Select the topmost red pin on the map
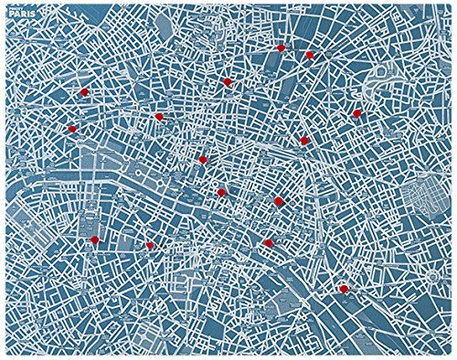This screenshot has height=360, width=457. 281,48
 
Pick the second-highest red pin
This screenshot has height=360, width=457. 310,55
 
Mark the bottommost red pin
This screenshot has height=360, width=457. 344,289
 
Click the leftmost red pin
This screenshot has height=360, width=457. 72,129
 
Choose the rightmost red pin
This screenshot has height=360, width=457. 357,113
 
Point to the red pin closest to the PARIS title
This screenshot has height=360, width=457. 83,92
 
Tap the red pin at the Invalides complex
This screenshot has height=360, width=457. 93,239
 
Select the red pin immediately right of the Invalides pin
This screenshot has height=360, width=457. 149,245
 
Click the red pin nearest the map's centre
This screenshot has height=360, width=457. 221,192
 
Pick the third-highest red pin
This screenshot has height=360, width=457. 227,81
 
